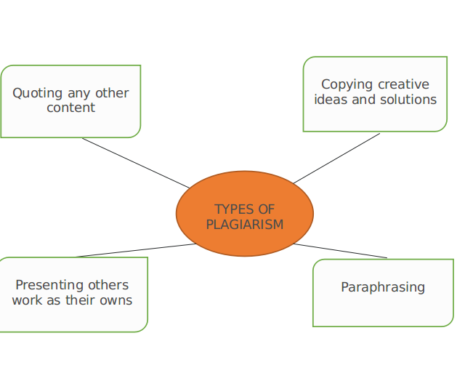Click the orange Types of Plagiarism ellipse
point(245,213)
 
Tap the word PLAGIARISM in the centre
point(245,225)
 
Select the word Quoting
point(37,94)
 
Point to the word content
point(71,108)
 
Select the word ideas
point(331,100)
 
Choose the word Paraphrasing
point(383,288)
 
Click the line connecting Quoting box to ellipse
point(136,163)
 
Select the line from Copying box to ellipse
point(336,159)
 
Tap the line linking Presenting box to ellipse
point(136,250)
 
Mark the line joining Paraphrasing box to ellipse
point(341,251)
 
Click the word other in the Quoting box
point(112,93)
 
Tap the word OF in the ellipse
point(267,209)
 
